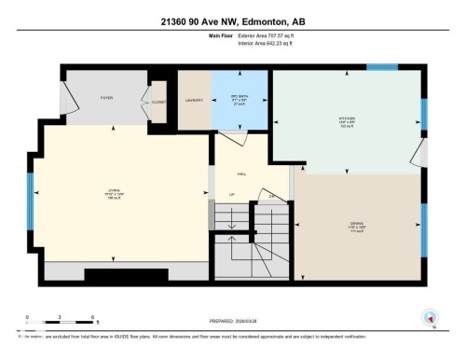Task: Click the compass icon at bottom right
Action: click(x=430, y=317)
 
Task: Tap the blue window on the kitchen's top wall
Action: click(x=381, y=67)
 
